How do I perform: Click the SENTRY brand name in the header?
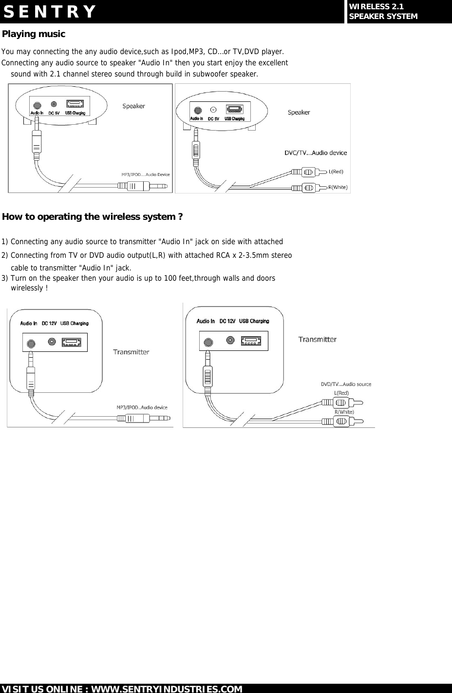(49, 12)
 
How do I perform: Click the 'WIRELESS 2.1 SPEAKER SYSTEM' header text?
(383, 11)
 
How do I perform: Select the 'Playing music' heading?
(34, 34)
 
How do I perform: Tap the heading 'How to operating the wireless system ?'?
(93, 216)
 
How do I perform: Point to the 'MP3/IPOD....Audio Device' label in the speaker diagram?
(145, 174)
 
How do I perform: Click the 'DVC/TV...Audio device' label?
(316, 153)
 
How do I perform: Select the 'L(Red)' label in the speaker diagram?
(336, 172)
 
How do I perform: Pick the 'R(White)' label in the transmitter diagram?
(344, 412)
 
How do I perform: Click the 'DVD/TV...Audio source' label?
(346, 384)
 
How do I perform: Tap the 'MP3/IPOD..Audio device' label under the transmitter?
(142, 407)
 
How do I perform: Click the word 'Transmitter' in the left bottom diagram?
(131, 351)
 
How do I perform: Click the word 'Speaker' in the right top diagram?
(299, 112)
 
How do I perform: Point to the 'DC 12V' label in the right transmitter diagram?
(227, 321)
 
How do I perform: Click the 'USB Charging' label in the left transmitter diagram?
(74, 323)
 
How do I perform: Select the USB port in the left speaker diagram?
(75, 104)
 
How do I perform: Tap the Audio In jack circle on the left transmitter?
(31, 343)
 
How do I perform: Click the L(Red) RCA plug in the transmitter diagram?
(341, 403)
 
